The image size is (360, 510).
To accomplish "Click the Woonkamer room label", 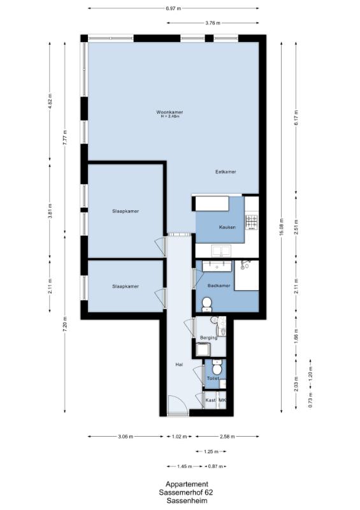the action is point(169,112).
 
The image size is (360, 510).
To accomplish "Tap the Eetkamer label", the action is point(226,171).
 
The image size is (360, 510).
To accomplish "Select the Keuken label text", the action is point(227,228).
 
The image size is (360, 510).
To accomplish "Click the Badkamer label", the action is point(219,286).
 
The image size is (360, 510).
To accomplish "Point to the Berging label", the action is point(208,338).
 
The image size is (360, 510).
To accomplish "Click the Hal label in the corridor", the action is point(179,365).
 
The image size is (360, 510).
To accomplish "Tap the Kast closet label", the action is point(211,400).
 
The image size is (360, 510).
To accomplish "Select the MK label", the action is point(222,400).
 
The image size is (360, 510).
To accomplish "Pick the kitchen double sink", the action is point(221,251).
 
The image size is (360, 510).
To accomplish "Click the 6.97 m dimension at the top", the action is point(173,8).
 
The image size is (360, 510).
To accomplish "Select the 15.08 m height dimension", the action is point(281,227).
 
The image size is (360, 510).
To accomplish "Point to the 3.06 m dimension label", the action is point(126,437).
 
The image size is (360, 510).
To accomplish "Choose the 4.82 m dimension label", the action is point(50,102).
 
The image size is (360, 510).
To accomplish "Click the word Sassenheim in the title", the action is point(187,500).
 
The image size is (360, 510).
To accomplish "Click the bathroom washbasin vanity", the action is point(217,266).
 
